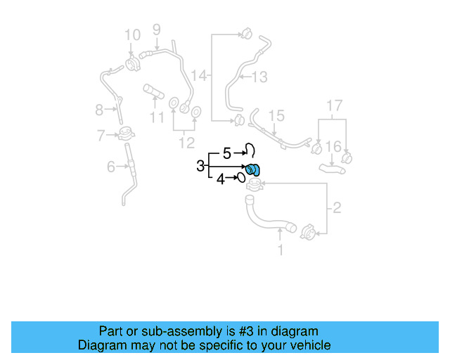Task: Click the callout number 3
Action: (x=200, y=166)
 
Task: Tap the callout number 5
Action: (x=226, y=152)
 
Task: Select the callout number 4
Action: (x=220, y=179)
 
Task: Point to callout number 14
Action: (x=200, y=75)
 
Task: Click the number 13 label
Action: (x=259, y=77)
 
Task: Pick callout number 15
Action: (x=276, y=115)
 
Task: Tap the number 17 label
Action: (x=334, y=106)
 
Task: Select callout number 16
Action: (x=334, y=146)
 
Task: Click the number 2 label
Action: (x=336, y=207)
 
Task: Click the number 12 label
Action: (x=186, y=143)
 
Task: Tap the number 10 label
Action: (x=132, y=34)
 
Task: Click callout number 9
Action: (x=156, y=29)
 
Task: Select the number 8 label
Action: (x=99, y=109)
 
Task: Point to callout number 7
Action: (x=101, y=134)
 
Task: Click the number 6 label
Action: (x=110, y=167)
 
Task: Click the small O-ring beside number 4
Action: (x=240, y=178)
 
